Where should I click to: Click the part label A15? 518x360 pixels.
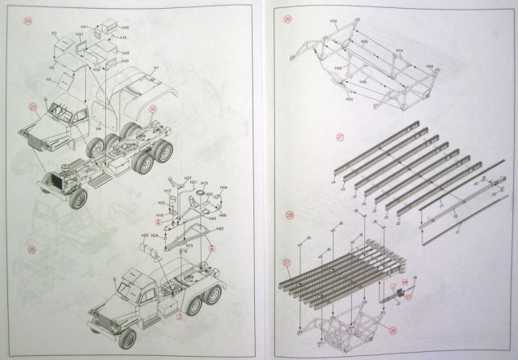pos(122,37)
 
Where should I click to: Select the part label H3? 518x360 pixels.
pos(54,36)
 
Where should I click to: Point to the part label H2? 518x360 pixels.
pos(49,80)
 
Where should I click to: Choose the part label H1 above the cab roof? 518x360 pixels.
pos(155,69)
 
